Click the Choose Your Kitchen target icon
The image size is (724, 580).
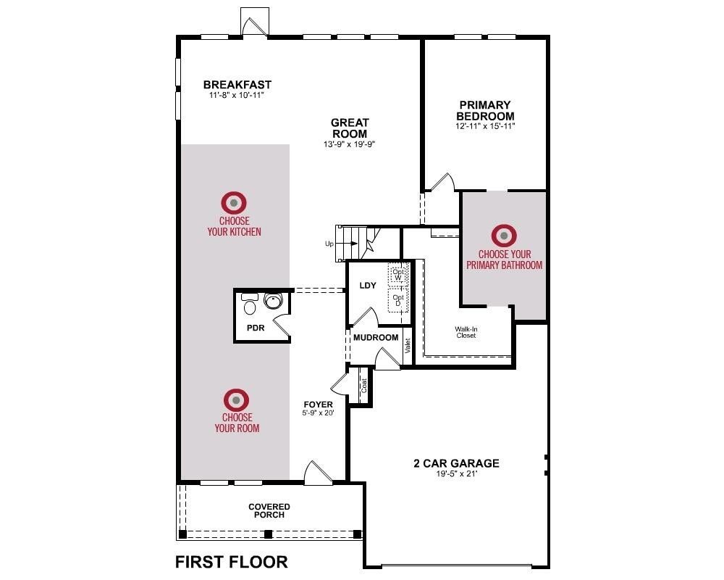[235, 202]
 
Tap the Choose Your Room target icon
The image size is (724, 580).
[236, 399]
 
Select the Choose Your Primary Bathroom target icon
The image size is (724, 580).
[504, 236]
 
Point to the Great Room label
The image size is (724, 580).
[350, 128]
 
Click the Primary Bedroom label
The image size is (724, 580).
[485, 110]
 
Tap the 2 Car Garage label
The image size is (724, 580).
[456, 463]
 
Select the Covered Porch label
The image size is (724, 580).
[269, 511]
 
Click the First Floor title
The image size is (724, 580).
[232, 562]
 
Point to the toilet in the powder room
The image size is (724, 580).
[250, 307]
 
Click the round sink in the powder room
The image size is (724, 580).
[273, 302]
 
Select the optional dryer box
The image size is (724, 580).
[398, 299]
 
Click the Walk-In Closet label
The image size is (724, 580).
[466, 332]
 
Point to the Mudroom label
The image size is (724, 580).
[376, 338]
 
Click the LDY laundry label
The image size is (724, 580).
[368, 286]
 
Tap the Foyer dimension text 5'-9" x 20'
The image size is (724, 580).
[319, 414]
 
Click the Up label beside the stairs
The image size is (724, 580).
[329, 244]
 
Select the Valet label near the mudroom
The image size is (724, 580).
[408, 346]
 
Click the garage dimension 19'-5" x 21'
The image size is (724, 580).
[456, 474]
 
